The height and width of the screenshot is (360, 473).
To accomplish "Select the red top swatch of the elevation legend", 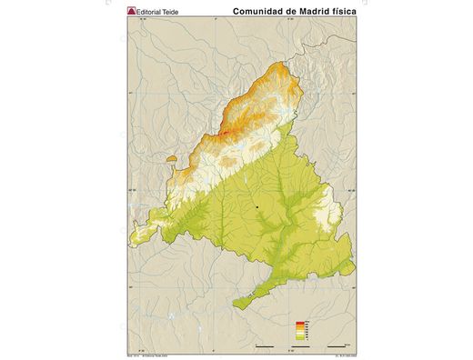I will click(x=300, y=324).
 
